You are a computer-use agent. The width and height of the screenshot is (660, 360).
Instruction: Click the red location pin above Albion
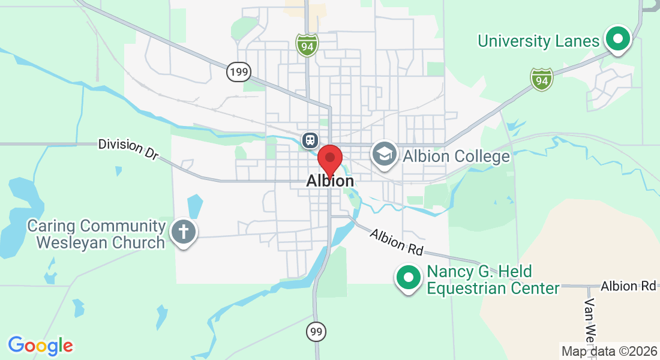tap(329, 159)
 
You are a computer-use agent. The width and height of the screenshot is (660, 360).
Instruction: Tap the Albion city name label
tap(329, 181)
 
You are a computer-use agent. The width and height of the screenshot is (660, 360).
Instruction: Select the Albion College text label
tap(456, 157)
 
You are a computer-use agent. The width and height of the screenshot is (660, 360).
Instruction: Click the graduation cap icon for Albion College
tap(384, 154)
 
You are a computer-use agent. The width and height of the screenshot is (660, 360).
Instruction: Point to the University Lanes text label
tap(538, 41)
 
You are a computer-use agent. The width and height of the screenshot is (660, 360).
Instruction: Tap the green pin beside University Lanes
tap(617, 40)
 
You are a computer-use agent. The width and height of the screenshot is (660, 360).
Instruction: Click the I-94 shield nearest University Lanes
tap(541, 79)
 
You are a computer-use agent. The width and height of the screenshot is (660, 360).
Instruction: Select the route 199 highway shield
tap(239, 73)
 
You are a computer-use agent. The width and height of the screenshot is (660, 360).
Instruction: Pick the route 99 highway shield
tap(316, 331)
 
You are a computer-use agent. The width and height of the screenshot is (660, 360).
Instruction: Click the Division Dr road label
tap(128, 149)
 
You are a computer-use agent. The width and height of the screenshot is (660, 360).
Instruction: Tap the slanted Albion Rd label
tap(397, 241)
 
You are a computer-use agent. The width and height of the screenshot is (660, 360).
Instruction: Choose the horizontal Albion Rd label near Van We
tap(628, 286)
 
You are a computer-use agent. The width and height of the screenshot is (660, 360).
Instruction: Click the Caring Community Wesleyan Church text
tap(97, 234)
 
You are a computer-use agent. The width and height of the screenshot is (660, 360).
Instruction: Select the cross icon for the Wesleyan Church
tap(182, 232)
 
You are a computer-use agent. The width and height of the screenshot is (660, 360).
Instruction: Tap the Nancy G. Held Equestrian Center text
tap(493, 280)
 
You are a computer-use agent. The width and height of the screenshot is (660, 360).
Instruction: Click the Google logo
tap(40, 346)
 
